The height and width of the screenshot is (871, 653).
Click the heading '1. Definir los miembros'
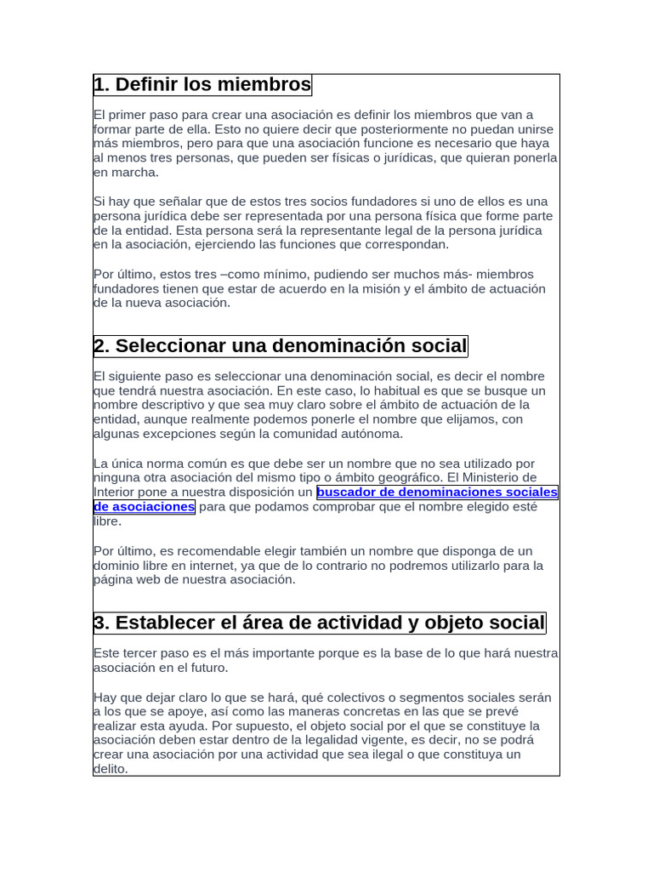point(202,85)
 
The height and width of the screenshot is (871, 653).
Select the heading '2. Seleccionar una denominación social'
point(281,346)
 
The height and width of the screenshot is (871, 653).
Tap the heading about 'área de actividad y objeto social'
point(320,623)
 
